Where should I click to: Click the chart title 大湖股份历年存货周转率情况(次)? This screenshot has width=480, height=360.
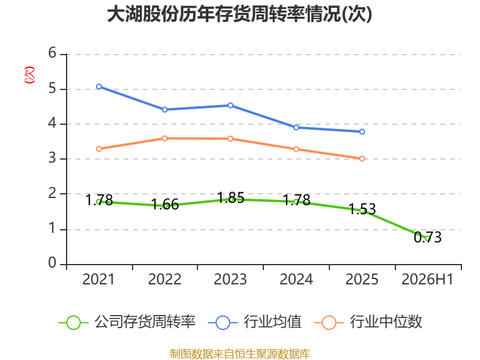point(239,14)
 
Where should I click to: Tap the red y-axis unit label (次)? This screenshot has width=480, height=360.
point(29,75)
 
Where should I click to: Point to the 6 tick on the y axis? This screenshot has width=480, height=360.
point(52,53)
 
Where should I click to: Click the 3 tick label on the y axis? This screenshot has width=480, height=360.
point(52,158)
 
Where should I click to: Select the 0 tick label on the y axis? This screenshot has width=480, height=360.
point(52,263)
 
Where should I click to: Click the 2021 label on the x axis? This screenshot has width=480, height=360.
point(98,280)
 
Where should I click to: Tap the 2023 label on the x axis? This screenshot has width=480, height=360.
point(230,280)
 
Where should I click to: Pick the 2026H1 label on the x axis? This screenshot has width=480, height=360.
point(427,280)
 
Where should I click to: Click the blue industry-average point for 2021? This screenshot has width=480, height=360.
point(99,86)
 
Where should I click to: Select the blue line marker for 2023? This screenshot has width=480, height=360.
point(230,106)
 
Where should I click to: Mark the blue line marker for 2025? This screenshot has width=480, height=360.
point(362,131)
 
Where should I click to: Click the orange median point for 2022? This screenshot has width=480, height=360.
point(164,139)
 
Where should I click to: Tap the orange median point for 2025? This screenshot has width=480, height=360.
point(362,158)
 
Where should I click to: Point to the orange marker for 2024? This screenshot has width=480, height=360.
point(296,149)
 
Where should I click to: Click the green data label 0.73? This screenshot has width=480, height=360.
point(428,238)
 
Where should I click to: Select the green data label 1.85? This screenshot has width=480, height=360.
point(230,198)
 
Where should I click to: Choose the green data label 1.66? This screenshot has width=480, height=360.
point(165,205)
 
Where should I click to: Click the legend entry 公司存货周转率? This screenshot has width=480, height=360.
point(127,322)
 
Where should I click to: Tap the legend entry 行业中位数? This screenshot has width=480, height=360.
point(368,322)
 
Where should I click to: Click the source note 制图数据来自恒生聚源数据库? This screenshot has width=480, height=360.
point(240,354)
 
